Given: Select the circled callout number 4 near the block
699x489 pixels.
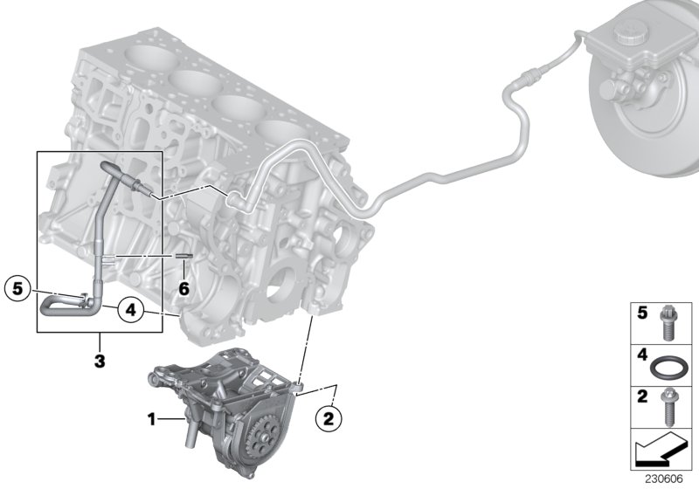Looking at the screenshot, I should (x=128, y=308).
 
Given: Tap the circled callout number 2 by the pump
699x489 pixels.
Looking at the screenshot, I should (x=328, y=419).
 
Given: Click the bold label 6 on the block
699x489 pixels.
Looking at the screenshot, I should (x=183, y=287).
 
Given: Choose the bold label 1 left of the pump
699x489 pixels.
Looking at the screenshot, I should (x=151, y=420).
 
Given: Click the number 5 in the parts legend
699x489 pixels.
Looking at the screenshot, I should (x=640, y=313).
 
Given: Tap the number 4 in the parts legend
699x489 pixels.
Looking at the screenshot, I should (x=640, y=355).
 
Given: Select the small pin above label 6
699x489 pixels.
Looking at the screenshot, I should (x=183, y=256).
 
